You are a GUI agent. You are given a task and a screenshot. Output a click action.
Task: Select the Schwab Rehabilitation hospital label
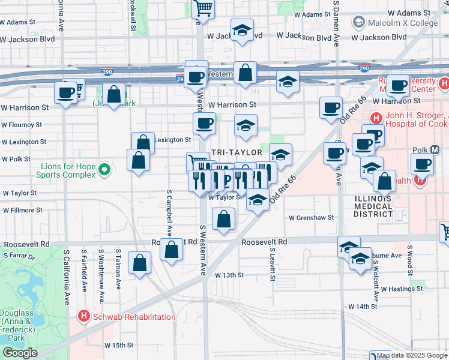coord(133,317)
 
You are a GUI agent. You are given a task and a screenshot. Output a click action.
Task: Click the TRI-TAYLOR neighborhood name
coord(236,152)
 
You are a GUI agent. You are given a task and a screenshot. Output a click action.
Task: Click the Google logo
coord(20,353)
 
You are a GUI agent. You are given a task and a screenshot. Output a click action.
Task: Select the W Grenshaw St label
coord(310,218)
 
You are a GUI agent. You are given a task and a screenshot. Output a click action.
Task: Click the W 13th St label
coord(229,275)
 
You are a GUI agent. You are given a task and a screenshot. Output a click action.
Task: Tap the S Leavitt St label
coord(272,265)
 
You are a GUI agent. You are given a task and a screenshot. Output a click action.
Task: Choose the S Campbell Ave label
coord(169,212)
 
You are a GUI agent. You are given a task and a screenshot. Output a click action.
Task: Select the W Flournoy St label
coord(21,125)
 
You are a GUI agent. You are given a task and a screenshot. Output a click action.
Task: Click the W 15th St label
coord(119,346)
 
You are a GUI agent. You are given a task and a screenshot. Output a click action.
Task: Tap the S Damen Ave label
coord(337,24)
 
